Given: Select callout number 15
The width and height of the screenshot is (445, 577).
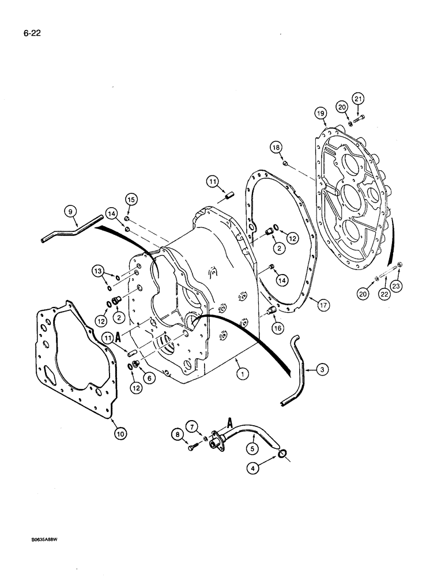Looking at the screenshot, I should [x=131, y=200].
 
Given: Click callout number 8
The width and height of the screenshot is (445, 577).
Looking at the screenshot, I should [x=178, y=434].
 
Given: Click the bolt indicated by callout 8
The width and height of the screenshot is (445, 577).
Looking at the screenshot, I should [x=193, y=448].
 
